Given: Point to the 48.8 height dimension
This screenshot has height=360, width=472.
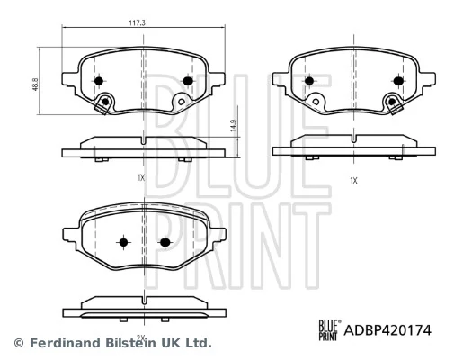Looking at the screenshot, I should pyautogui.click(x=35, y=83).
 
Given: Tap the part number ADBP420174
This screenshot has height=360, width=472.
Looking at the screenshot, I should pyautogui.click(x=387, y=331).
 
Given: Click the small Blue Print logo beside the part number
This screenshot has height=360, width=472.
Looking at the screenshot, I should pyautogui.click(x=328, y=331).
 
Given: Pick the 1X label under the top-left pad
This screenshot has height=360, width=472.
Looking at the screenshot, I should pyautogui.click(x=141, y=177).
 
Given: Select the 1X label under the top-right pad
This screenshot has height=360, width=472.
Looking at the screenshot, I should pyautogui.click(x=353, y=181).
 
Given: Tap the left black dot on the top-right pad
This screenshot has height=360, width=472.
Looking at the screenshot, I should pyautogui.click(x=309, y=81).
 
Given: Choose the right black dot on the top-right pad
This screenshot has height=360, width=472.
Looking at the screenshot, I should pyautogui.click(x=396, y=81).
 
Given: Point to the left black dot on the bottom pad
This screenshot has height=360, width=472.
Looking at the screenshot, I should pyautogui.click(x=123, y=242).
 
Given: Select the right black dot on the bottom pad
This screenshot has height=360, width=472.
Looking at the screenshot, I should pyautogui.click(x=165, y=242).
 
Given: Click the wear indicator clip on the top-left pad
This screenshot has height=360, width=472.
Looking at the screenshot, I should pyautogui.click(x=106, y=105).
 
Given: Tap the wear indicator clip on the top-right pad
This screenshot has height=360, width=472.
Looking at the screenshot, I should pyautogui.click(x=392, y=105).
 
